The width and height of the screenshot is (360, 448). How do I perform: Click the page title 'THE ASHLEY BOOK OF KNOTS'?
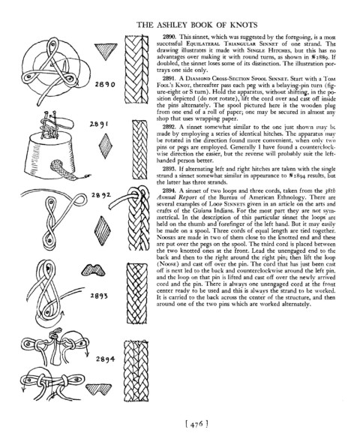pos(197,25)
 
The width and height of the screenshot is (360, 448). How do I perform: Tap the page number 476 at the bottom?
pos(196,424)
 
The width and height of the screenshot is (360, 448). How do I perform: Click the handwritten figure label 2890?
pos(105,84)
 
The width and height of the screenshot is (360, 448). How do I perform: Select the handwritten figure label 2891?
pos(99,125)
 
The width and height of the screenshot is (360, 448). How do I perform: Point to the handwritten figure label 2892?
pos(101,195)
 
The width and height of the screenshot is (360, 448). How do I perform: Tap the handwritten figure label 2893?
pos(99,296)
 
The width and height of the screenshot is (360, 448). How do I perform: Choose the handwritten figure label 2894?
pos(105,359)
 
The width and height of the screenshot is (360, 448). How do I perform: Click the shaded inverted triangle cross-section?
pos(106,51)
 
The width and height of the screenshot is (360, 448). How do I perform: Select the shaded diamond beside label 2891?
pos(105,146)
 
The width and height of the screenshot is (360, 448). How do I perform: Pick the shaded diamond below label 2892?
pos(102,230)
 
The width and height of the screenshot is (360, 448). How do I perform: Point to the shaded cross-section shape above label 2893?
pos(93,270)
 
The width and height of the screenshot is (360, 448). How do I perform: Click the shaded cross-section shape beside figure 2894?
pos(98,389)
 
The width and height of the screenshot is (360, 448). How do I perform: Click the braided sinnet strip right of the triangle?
pos(136,70)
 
